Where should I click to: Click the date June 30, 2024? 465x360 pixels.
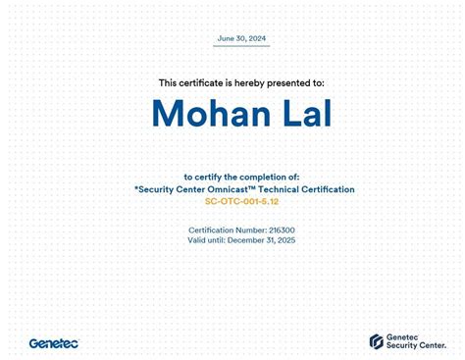click(x=241, y=38)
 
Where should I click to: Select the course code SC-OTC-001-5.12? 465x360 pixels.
click(x=241, y=201)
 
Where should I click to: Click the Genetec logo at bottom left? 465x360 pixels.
click(x=53, y=343)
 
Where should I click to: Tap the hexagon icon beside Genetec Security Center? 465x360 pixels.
click(x=376, y=341)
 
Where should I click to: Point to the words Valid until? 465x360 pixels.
click(x=206, y=239)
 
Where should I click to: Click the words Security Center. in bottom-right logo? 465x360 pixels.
click(x=415, y=346)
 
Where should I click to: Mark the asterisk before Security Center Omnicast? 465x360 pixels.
click(x=136, y=188)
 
